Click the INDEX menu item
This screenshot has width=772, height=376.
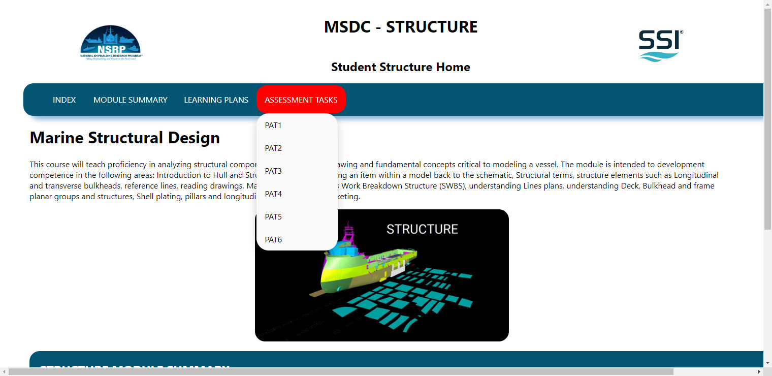pos(64,100)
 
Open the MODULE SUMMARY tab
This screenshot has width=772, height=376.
pos(130,100)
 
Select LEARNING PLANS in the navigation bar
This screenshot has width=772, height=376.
pos(216,100)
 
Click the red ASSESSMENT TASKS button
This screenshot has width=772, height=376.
pos(301,100)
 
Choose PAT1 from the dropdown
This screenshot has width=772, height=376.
pos(273,126)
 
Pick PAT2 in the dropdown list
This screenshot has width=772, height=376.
pos(273,148)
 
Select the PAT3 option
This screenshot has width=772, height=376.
pos(273,171)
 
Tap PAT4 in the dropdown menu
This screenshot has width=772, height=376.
pos(273,194)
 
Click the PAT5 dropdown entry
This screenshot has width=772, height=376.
pos(273,217)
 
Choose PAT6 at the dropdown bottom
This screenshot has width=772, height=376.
pos(273,240)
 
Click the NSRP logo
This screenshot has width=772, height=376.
pos(111,44)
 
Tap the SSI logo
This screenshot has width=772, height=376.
pos(660,45)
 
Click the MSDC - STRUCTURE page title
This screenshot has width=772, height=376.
pos(401,27)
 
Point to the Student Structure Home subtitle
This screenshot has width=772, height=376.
pos(401,67)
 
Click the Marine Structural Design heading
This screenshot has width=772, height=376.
pos(125,138)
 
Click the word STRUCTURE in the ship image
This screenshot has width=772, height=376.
pos(422,229)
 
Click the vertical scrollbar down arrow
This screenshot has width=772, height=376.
pos(767,363)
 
